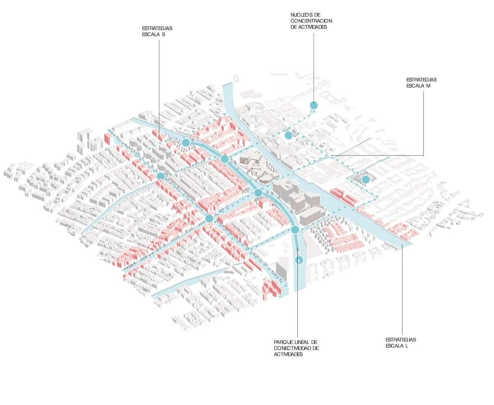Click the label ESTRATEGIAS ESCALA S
click(x=157, y=31)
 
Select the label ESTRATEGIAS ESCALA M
click(x=421, y=83)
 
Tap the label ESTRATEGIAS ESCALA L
click(x=401, y=343)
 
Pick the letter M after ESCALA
click(x=428, y=86)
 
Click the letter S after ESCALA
click(x=163, y=34)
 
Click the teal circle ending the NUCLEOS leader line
click(x=314, y=105)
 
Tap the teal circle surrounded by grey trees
click(x=366, y=179)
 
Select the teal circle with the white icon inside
click(x=299, y=260)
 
